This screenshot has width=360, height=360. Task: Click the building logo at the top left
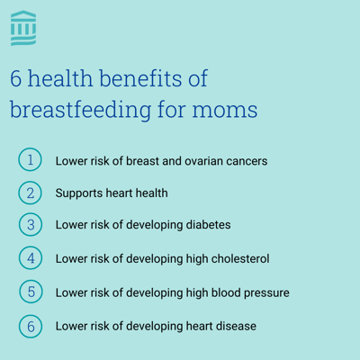[23, 28]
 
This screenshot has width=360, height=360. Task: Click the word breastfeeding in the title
[81, 110]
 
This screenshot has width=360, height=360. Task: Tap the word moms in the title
[225, 110]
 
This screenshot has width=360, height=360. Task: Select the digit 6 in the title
[16, 78]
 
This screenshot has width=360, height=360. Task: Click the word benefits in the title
[140, 78]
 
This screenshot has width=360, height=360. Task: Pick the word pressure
[266, 293]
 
